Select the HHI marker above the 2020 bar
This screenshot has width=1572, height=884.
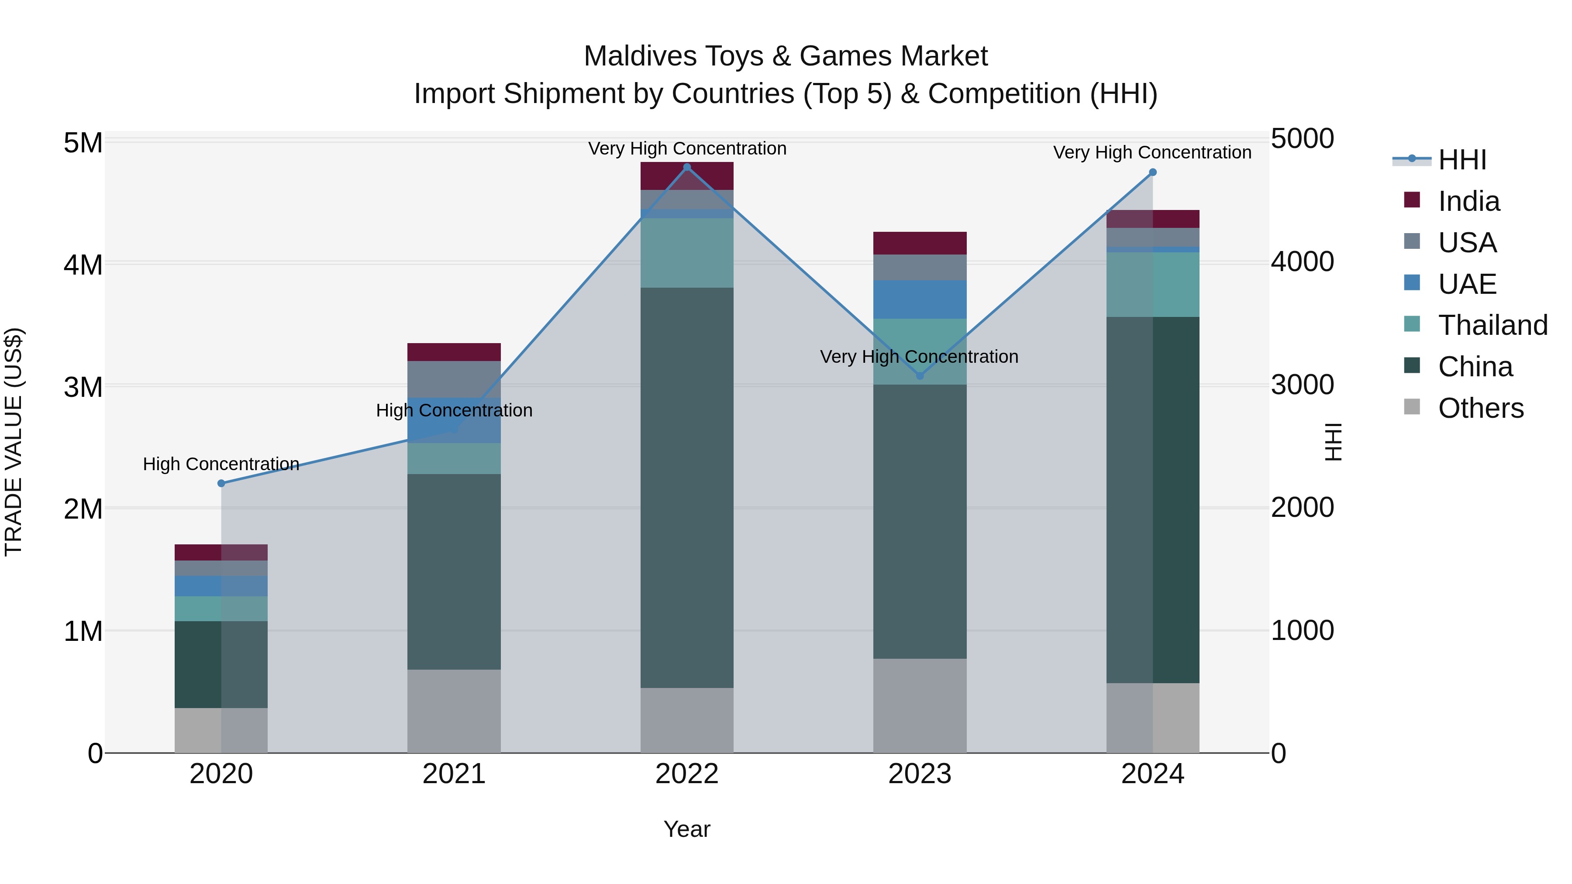point(221,483)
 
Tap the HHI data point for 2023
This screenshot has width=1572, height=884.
point(920,376)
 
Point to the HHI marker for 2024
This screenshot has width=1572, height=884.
point(1152,172)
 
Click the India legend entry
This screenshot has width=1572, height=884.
point(1468,201)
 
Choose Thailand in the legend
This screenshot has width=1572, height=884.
point(1492,325)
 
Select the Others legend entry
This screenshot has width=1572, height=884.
point(1480,408)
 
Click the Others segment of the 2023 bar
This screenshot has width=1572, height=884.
point(920,706)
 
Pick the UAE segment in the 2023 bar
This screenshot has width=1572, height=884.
point(920,299)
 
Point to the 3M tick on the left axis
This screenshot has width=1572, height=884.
point(83,387)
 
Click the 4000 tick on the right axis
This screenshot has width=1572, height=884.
point(1302,262)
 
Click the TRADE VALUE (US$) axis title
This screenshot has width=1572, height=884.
point(14,442)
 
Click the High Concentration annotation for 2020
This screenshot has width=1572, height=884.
point(221,464)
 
